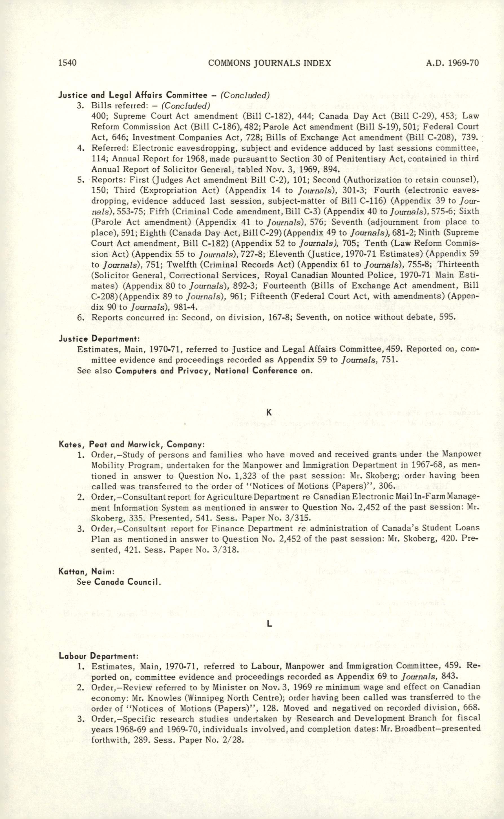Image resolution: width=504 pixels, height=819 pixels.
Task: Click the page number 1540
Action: (x=68, y=63)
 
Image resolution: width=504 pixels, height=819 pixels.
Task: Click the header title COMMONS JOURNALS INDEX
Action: (x=269, y=63)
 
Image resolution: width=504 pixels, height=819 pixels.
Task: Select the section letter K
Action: (x=269, y=413)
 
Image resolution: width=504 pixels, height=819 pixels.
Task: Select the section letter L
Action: (x=269, y=624)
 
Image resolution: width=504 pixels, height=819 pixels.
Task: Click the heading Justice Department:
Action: (x=99, y=339)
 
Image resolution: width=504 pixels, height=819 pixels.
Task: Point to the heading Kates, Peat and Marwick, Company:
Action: (x=132, y=444)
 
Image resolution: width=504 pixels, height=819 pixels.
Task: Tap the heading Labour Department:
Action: (x=98, y=656)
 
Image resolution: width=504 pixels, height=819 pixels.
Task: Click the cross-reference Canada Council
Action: (x=128, y=582)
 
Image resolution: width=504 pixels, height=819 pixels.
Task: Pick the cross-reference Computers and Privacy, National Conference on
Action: (x=214, y=371)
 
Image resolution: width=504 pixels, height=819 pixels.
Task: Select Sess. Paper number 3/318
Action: (x=226, y=550)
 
